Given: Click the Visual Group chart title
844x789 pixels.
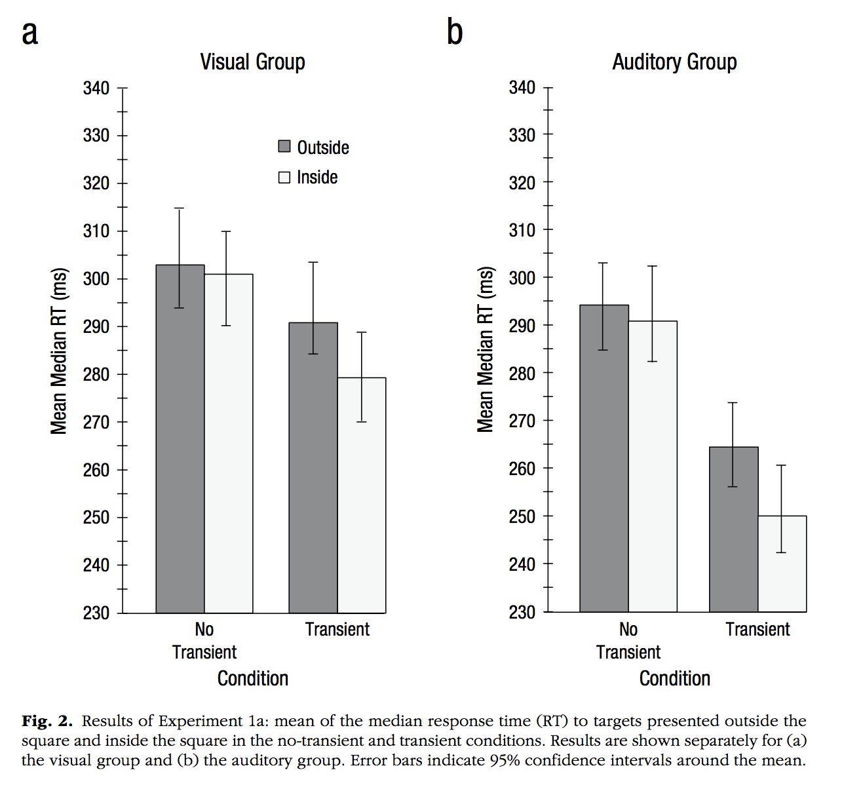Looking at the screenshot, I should [252, 62].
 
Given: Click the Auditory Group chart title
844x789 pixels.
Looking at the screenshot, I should [674, 62].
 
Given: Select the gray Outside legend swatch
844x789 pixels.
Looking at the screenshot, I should [284, 146].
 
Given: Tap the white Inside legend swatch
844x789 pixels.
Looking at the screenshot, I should [284, 177].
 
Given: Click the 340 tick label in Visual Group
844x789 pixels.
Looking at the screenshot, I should [96, 88].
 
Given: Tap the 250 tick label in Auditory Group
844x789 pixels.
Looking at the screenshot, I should [522, 516].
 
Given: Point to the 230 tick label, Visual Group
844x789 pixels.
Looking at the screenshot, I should [96, 613].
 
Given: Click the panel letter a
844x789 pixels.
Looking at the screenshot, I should [30, 33].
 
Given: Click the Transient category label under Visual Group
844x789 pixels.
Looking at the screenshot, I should [337, 630].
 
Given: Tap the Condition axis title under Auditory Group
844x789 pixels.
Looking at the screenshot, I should [674, 678].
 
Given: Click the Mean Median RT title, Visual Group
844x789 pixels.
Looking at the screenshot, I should [59, 351].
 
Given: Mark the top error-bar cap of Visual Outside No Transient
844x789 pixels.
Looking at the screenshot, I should [180, 208].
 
